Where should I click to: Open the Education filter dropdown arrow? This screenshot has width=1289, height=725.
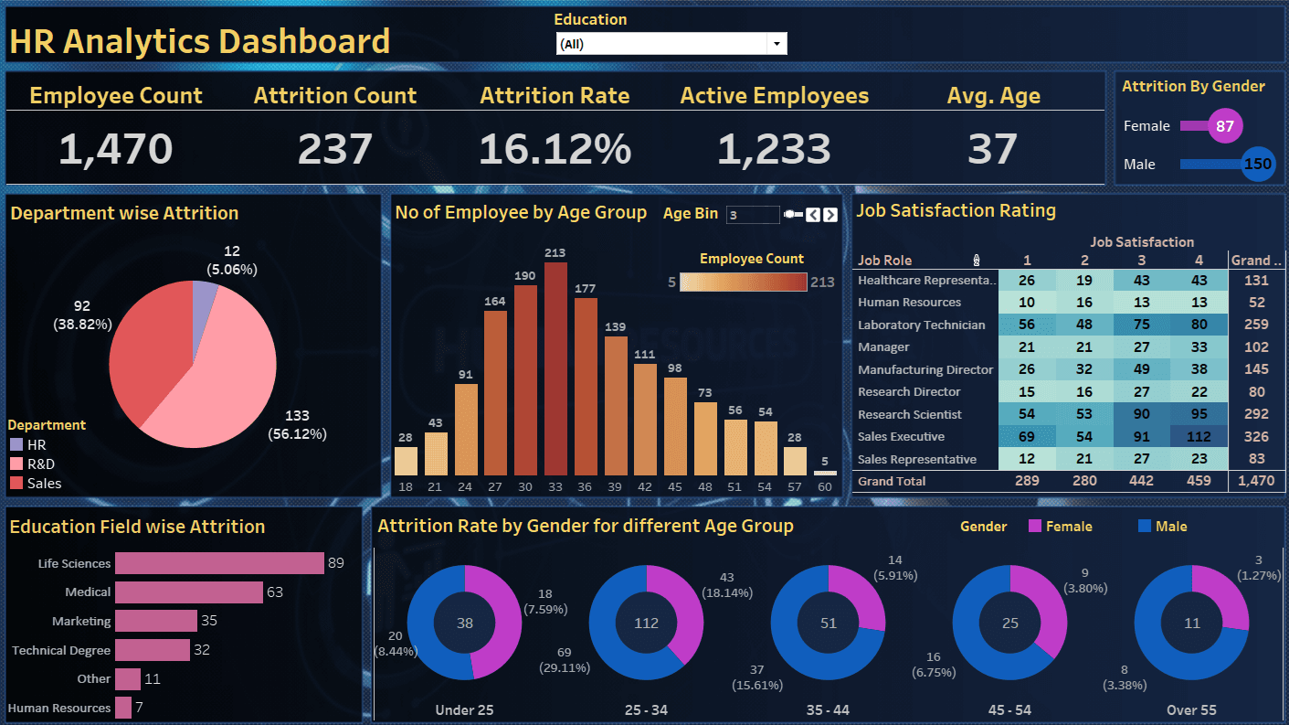[x=777, y=44]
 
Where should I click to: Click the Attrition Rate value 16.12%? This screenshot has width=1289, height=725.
[x=555, y=149]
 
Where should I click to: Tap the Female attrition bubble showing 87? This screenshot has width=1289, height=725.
[x=1224, y=126]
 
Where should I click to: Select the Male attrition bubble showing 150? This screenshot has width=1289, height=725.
[x=1258, y=165]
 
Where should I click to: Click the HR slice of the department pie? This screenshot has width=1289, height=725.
[x=204, y=295]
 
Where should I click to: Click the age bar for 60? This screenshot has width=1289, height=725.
[x=825, y=472]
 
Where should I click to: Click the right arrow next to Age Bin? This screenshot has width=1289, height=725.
[x=829, y=215]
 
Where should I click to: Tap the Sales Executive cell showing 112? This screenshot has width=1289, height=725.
[x=1198, y=437]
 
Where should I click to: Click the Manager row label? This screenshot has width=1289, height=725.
[x=883, y=347]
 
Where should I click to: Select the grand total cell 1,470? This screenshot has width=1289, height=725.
[x=1255, y=481]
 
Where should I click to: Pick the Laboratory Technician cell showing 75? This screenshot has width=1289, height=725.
[x=1141, y=325]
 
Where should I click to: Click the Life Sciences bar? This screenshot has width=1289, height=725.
[x=219, y=563]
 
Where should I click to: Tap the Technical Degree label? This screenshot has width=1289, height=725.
[x=61, y=651]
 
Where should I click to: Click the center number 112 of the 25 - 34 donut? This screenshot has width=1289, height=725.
[x=646, y=624]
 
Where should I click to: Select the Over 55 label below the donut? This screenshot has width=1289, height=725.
[x=1192, y=709]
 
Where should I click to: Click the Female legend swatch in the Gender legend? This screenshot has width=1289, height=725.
[x=1035, y=527]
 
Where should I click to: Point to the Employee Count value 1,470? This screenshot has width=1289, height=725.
[x=115, y=149]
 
